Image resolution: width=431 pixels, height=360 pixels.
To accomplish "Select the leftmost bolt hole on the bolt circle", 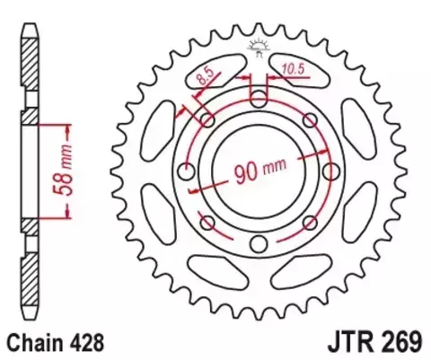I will tap(187, 171).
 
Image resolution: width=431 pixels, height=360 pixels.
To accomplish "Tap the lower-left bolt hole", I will tap(207, 222).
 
